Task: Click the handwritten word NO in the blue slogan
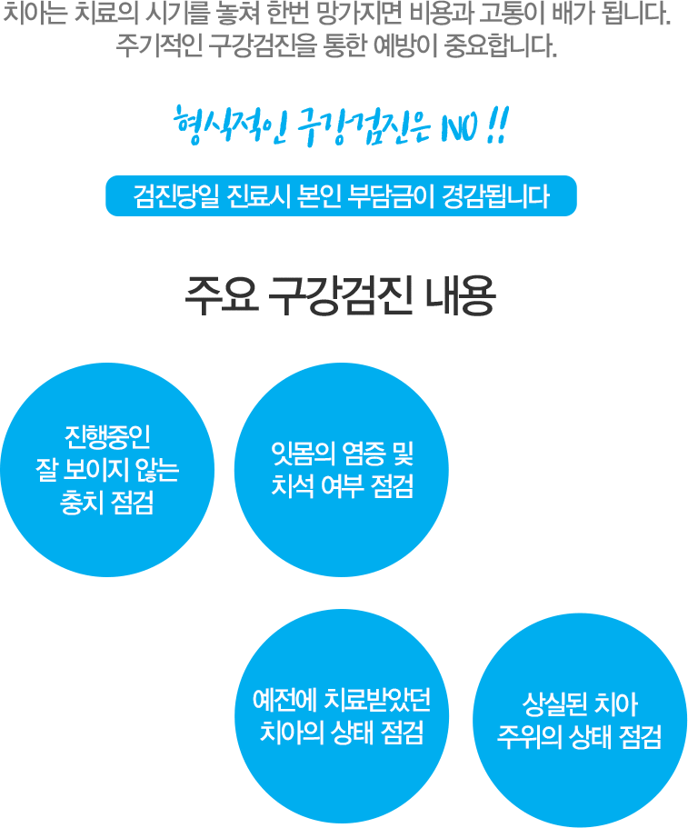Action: pyautogui.click(x=461, y=128)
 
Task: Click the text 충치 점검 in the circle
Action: pyautogui.click(x=107, y=502)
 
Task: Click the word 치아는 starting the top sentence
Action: pyautogui.click(x=35, y=15)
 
